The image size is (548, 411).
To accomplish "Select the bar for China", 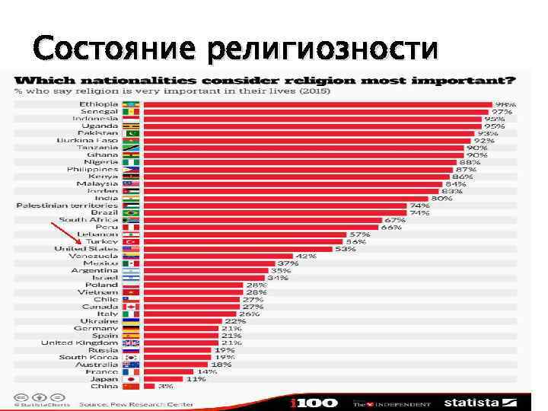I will (148, 386).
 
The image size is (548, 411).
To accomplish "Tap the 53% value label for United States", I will (346, 249).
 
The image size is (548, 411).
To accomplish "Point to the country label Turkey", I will (101, 241).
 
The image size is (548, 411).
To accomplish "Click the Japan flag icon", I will (131, 378).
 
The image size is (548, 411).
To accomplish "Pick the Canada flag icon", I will (131, 306).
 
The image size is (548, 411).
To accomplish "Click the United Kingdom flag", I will (131, 342).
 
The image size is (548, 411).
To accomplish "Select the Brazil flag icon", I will (131, 212).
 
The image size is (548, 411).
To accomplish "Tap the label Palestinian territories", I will (67, 205).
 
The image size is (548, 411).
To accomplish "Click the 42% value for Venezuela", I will (307, 256).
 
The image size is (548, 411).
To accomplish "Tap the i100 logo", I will (313, 402).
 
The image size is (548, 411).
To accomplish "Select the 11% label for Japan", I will (196, 378).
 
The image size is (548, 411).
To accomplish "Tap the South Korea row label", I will (88, 357).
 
